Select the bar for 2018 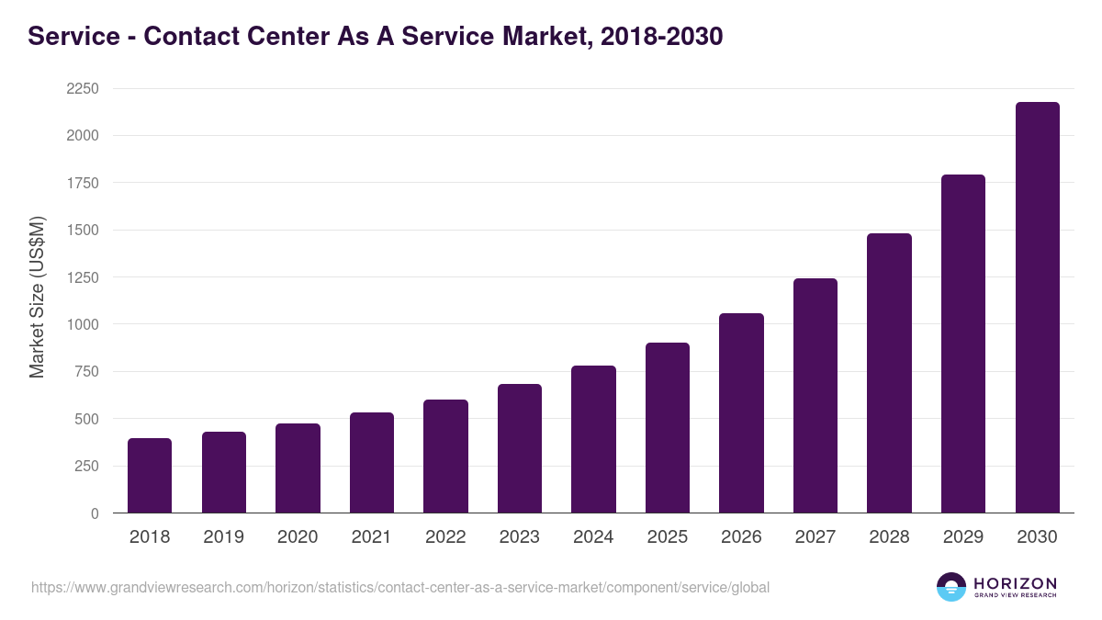point(150,476)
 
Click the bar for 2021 point(371,463)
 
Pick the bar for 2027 point(815,396)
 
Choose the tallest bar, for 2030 point(1037,308)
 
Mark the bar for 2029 point(963,344)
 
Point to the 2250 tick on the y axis point(83,89)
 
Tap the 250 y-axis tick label point(87,466)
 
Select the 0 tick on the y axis point(94,513)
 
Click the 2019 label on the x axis point(223,537)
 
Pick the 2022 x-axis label point(445,537)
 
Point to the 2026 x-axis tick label point(741,537)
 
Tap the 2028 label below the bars point(889,537)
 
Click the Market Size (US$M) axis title point(38,297)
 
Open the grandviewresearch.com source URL point(400,587)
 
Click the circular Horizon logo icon point(951,587)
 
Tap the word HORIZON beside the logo point(1015,583)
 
